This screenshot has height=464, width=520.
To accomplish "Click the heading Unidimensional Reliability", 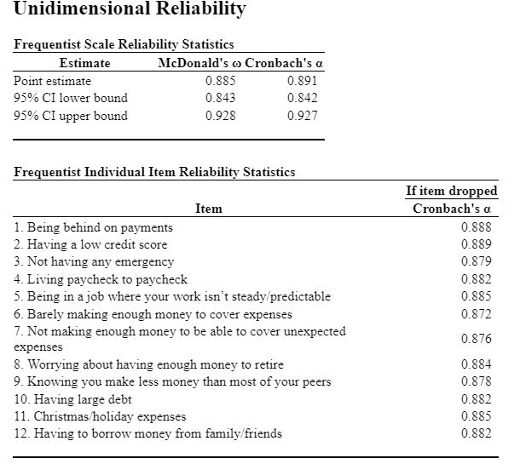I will [x=130, y=10].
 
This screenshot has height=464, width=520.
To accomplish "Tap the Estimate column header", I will [x=84, y=63].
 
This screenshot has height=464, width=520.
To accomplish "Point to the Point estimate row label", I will [x=53, y=81].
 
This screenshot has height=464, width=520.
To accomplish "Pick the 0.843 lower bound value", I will [x=221, y=98].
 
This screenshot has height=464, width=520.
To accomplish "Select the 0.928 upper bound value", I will [x=221, y=116].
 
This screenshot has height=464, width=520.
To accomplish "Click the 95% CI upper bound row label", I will [x=71, y=116].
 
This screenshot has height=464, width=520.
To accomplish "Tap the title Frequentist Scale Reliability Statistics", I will [x=124, y=44].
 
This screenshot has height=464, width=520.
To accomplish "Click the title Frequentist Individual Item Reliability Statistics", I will [x=155, y=172].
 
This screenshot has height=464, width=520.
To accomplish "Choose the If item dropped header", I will [x=451, y=191].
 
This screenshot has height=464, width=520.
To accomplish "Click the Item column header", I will [x=208, y=209].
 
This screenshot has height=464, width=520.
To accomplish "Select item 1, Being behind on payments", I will [x=94, y=227].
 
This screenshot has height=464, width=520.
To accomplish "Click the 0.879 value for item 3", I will [x=476, y=261].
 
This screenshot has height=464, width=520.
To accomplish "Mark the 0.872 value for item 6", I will [x=476, y=314].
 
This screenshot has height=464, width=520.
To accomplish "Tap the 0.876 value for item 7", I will [x=476, y=339].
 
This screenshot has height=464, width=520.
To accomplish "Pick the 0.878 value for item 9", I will [x=476, y=381].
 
